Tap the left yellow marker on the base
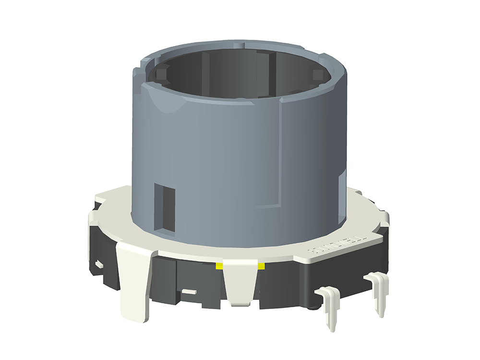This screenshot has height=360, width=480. pyautogui.click(x=219, y=266)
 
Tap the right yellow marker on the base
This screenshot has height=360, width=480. pyautogui.click(x=261, y=265)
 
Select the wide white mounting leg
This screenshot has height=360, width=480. pyautogui.click(x=135, y=278)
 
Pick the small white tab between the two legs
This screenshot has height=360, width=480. pyautogui.click(x=189, y=291)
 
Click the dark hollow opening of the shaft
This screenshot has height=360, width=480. pyautogui.click(x=240, y=77)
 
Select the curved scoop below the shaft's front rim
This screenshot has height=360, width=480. pyautogui.click(x=163, y=103)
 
